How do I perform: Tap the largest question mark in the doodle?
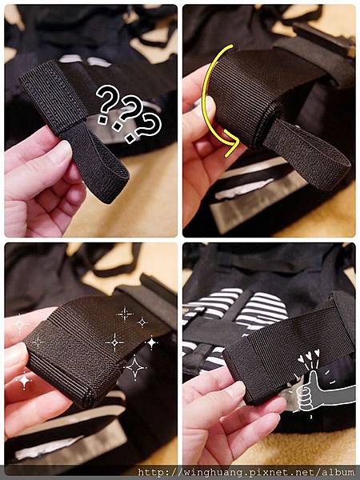click(x=107, y=103)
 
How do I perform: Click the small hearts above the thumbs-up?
click(x=309, y=356)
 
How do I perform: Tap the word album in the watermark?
click(x=338, y=472)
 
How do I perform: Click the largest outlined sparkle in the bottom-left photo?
click(x=134, y=367)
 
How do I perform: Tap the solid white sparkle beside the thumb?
click(x=24, y=381)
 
